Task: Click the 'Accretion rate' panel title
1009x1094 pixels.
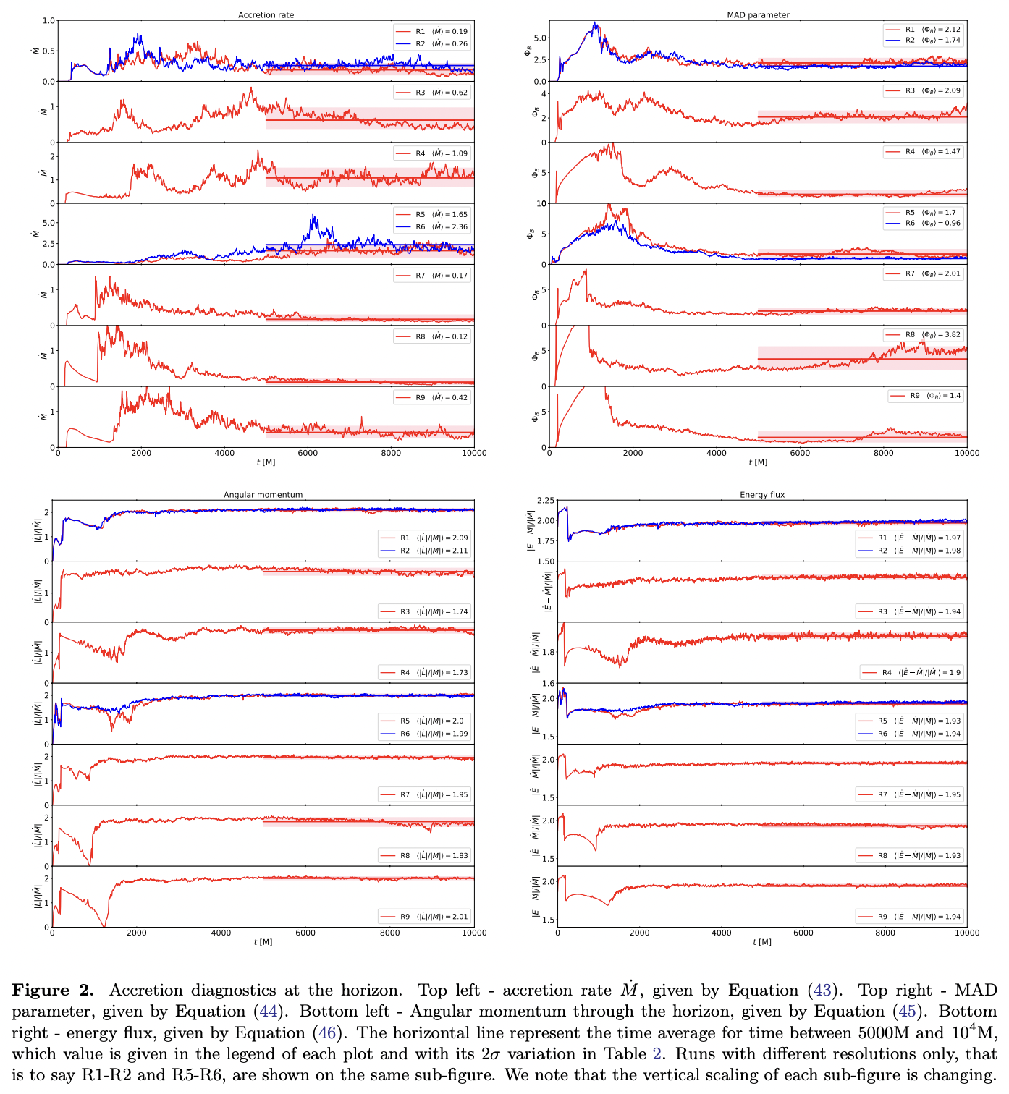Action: [266, 15]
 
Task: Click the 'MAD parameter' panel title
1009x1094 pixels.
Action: [758, 15]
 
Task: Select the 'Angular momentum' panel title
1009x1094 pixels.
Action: [263, 495]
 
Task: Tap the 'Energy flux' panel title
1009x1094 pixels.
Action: [762, 495]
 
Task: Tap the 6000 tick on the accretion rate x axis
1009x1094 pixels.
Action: [308, 454]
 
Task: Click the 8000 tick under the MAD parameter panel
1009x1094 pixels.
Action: [883, 454]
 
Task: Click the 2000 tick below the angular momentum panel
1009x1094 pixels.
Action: [136, 933]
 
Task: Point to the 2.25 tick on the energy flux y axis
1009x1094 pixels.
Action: [546, 501]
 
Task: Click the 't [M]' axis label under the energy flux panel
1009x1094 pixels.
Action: [762, 942]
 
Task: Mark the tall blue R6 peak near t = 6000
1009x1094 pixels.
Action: [313, 216]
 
